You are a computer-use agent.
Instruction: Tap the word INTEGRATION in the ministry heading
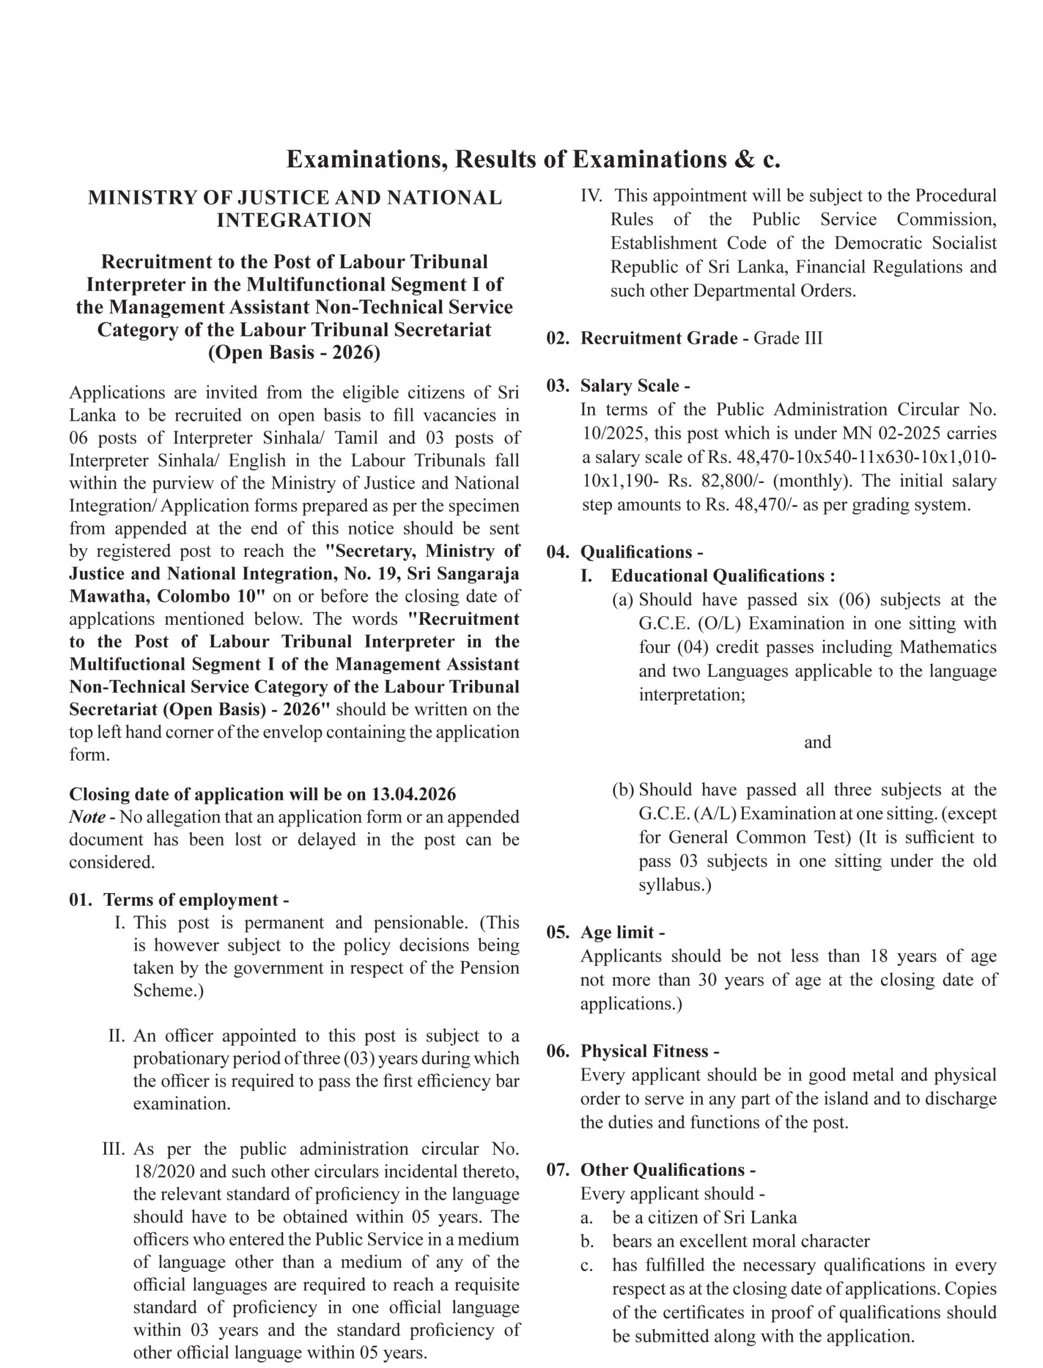tap(294, 221)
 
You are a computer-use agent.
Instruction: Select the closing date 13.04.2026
tap(414, 794)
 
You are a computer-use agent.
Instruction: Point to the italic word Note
tap(87, 817)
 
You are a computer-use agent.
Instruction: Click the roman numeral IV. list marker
tap(591, 196)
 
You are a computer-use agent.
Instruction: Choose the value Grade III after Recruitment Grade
tap(788, 338)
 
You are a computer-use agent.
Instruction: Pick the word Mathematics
tap(948, 647)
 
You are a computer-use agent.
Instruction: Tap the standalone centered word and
tap(817, 742)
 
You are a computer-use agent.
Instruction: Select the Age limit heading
tap(622, 932)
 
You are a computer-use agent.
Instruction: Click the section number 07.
tap(557, 1170)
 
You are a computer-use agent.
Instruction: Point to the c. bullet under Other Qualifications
tap(587, 1265)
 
